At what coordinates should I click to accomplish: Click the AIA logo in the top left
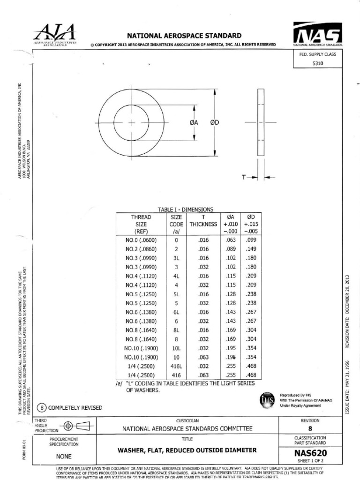[x=55, y=34]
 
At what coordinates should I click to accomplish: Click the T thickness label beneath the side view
[x=245, y=178]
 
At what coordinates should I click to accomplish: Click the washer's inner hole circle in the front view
[x=131, y=123]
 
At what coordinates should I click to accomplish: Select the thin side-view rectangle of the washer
[x=261, y=122]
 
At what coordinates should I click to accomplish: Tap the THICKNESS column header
[x=203, y=224]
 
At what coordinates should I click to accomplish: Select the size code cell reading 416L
[x=176, y=366]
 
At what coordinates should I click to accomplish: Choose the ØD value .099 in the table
[x=250, y=240]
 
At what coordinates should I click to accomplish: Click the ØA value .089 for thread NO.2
[x=230, y=249]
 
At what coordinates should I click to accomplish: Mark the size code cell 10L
[x=176, y=348]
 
